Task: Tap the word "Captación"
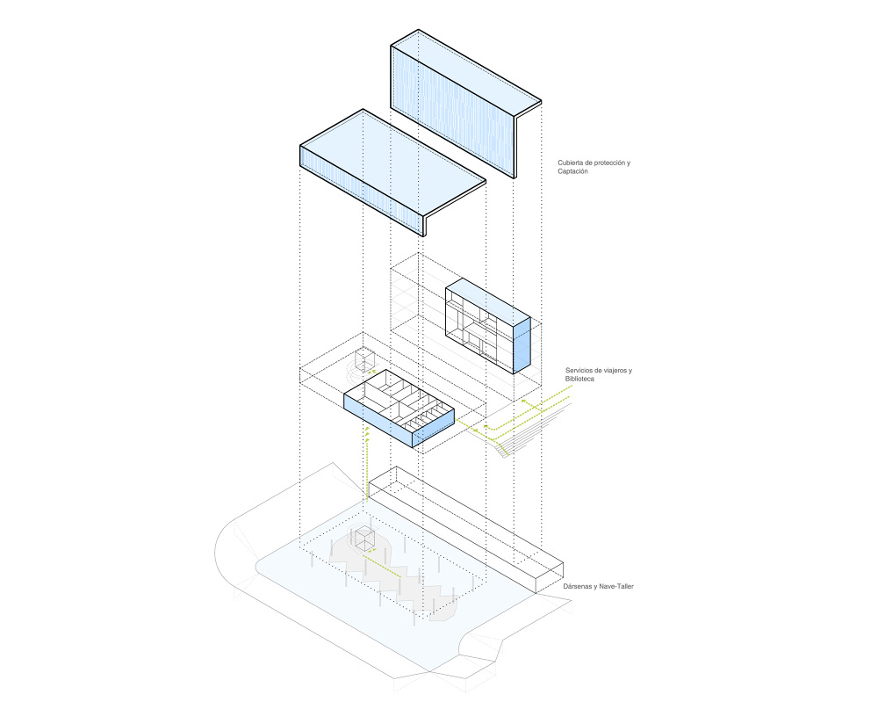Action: coord(573,171)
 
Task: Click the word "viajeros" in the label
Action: coord(617,370)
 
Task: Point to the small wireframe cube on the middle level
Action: coord(365,358)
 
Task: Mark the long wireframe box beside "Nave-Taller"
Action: coord(465,527)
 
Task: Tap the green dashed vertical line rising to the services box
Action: coord(366,466)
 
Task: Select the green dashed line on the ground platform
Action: coord(378,556)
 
